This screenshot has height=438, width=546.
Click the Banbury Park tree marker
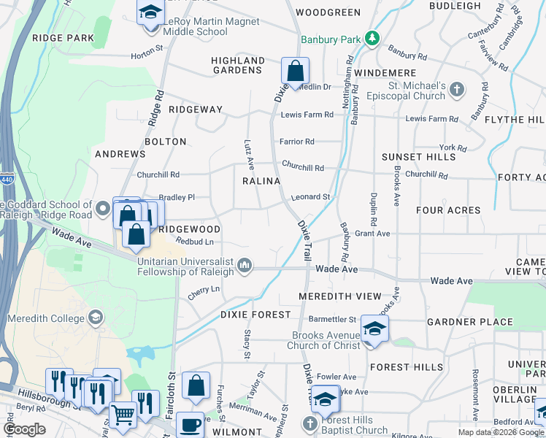click(x=372, y=38)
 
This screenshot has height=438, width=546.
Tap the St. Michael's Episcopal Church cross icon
click(x=457, y=90)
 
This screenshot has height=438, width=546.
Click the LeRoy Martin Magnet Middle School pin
click(x=150, y=13)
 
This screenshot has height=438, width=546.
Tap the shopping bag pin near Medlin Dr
click(x=295, y=72)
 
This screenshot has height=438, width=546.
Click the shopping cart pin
click(x=123, y=415)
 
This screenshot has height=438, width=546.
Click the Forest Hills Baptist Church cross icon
click(x=309, y=424)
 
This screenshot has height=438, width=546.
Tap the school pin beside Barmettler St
click(x=374, y=329)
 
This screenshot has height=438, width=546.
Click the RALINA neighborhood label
click(x=261, y=181)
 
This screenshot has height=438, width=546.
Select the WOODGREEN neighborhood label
click(x=328, y=12)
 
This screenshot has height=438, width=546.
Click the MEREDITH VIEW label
click(x=340, y=296)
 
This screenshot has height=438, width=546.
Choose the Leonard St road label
click(x=312, y=197)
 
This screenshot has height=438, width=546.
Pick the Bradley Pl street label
click(x=177, y=197)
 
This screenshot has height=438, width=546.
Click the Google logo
click(x=25, y=429)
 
